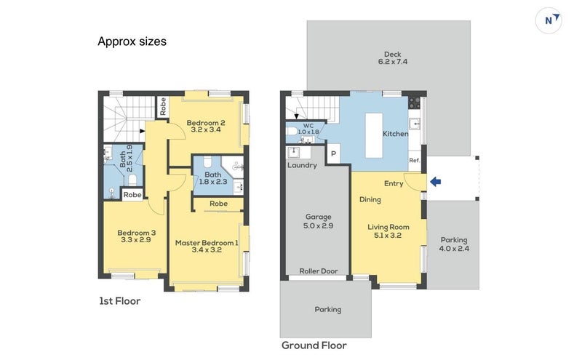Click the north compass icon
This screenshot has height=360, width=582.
pos(549,20)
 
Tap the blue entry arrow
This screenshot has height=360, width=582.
pos(435,182)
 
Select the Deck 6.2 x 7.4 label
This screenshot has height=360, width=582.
pos(393,58)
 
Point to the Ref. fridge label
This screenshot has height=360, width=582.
pos(414,160)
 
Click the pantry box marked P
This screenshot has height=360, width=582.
pos(333,153)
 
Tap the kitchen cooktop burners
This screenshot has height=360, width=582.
pos(414,103)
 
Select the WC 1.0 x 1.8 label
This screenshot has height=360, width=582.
pos(308,129)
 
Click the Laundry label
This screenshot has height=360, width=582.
pos(302,165)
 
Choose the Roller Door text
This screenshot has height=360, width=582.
pos(319,271)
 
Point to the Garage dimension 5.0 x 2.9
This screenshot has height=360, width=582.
pos(318,225)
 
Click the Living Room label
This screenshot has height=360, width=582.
pos(388,227)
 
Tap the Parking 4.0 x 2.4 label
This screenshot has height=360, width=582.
pos(454,244)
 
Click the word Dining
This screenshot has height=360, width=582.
pos(370,200)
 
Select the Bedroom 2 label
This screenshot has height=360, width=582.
pos(206,122)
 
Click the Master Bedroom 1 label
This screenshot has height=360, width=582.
pos(207,243)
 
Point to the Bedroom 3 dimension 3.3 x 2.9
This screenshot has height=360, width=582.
pos(136,240)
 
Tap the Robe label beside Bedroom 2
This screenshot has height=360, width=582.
pos(162,106)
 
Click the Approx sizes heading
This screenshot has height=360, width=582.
pos(132,41)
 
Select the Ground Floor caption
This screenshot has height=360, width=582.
pos(314,345)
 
